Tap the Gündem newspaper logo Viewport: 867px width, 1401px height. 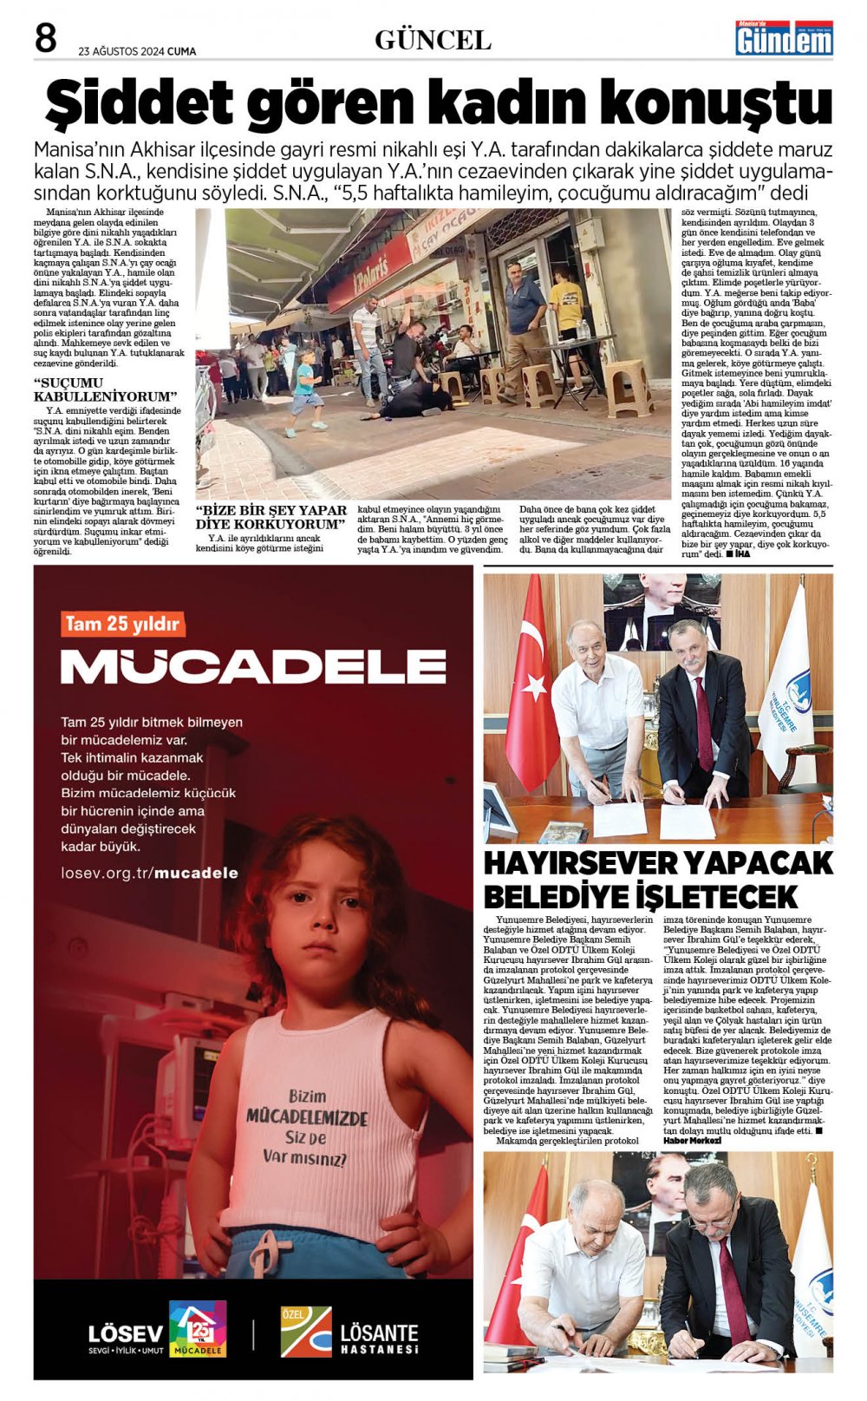[784, 39]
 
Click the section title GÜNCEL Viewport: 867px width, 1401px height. [433, 40]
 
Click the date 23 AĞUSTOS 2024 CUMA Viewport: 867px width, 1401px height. [137, 51]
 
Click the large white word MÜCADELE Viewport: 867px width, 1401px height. [253, 666]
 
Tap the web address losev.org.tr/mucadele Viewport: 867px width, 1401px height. [149, 873]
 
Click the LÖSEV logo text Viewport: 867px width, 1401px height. [125, 1334]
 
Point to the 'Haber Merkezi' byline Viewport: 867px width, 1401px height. [692, 1140]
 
